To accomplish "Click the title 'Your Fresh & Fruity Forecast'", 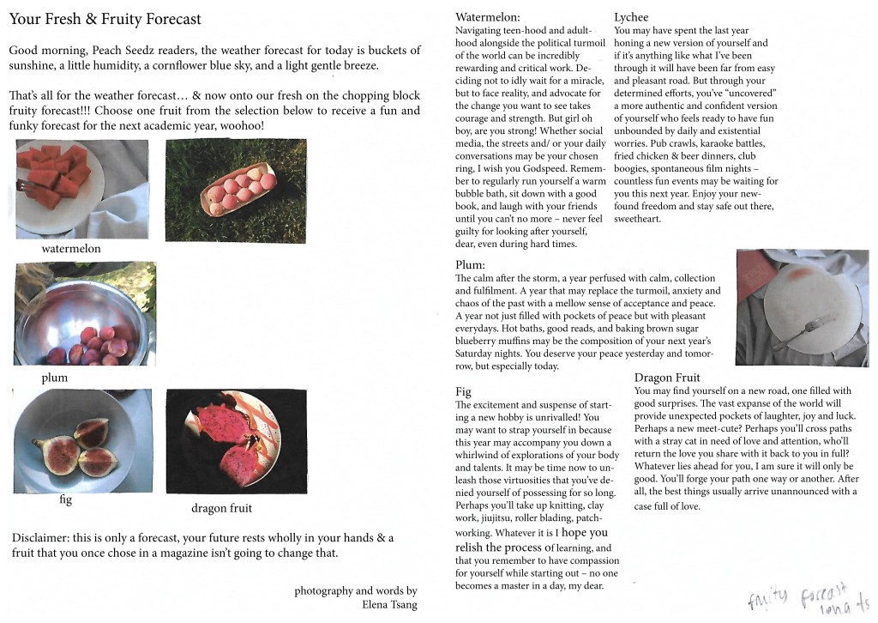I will pyautogui.click(x=105, y=19).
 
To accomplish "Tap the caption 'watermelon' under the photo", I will pyautogui.click(x=71, y=249).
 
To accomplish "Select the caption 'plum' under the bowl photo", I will pyautogui.click(x=54, y=378).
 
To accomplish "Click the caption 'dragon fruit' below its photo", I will pyautogui.click(x=221, y=508).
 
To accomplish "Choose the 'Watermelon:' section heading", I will pyautogui.click(x=487, y=17).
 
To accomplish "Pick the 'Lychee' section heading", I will pyautogui.click(x=631, y=17).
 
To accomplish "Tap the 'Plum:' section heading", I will pyautogui.click(x=471, y=265).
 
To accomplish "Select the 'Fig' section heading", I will pyautogui.click(x=463, y=392).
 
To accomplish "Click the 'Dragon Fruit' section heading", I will pyautogui.click(x=667, y=378).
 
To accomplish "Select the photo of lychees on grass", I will pyautogui.click(x=235, y=190).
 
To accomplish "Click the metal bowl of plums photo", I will pyautogui.click(x=85, y=313).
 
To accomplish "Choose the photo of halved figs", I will pyautogui.click(x=82, y=440).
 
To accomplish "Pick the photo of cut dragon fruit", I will pyautogui.click(x=223, y=441).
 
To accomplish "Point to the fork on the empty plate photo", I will pyautogui.click(x=808, y=325).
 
